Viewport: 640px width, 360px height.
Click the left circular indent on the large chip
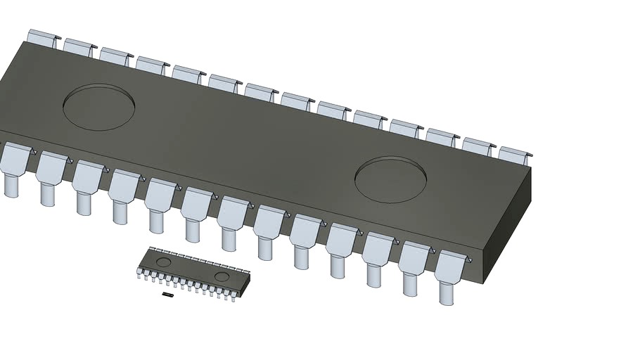(99, 108)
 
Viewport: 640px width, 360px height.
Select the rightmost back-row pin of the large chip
(515, 153)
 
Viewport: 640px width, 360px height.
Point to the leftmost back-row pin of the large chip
(41, 38)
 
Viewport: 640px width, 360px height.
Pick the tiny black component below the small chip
(167, 295)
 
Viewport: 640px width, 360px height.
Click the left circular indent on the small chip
(163, 262)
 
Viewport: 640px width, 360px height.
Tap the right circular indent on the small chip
(222, 276)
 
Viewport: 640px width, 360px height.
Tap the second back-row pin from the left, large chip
(78, 47)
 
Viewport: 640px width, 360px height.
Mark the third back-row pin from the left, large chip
(114, 56)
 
